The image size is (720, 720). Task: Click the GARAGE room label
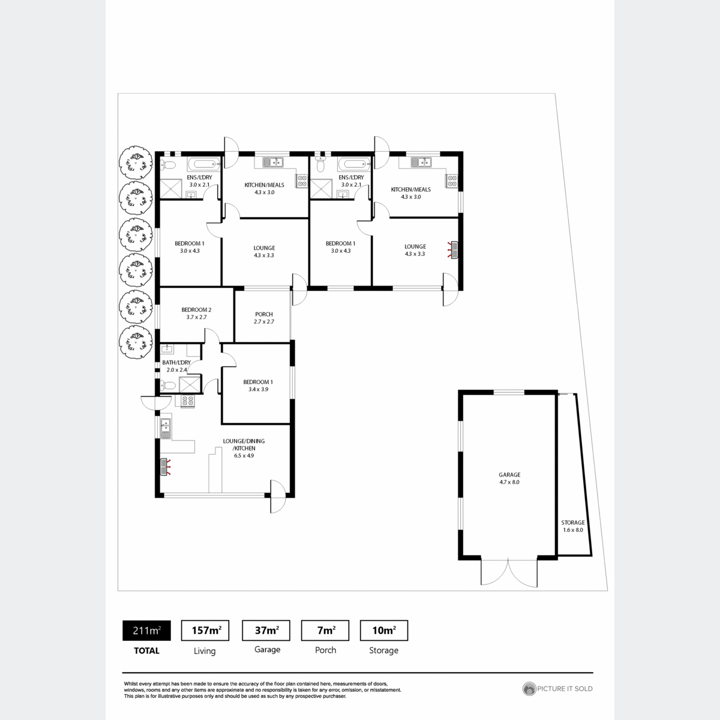tap(509, 478)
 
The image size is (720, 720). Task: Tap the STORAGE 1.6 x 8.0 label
tap(573, 526)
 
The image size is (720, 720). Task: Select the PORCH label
tap(264, 317)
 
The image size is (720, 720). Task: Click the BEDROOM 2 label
tap(196, 313)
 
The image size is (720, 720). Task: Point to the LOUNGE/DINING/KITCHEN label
tap(244, 448)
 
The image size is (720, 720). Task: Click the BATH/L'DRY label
tap(176, 366)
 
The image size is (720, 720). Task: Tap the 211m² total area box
tap(146, 631)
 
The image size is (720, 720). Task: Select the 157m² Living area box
tap(205, 631)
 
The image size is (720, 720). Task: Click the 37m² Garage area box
tap(266, 631)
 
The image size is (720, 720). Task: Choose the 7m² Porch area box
tap(325, 631)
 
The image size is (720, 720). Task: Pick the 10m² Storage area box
tap(384, 631)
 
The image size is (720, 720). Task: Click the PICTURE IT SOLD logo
tap(557, 689)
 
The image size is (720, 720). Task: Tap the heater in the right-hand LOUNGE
tap(454, 250)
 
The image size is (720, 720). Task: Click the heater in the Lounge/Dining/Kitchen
tap(165, 467)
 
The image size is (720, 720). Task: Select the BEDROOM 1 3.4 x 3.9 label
tap(258, 385)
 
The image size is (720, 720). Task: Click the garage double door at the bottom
tap(509, 572)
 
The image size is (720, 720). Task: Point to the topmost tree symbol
tap(136, 163)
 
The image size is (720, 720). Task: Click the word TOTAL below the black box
tap(146, 650)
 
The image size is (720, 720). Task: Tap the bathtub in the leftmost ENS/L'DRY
tap(203, 164)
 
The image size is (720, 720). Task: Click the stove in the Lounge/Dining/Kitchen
tap(187, 401)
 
